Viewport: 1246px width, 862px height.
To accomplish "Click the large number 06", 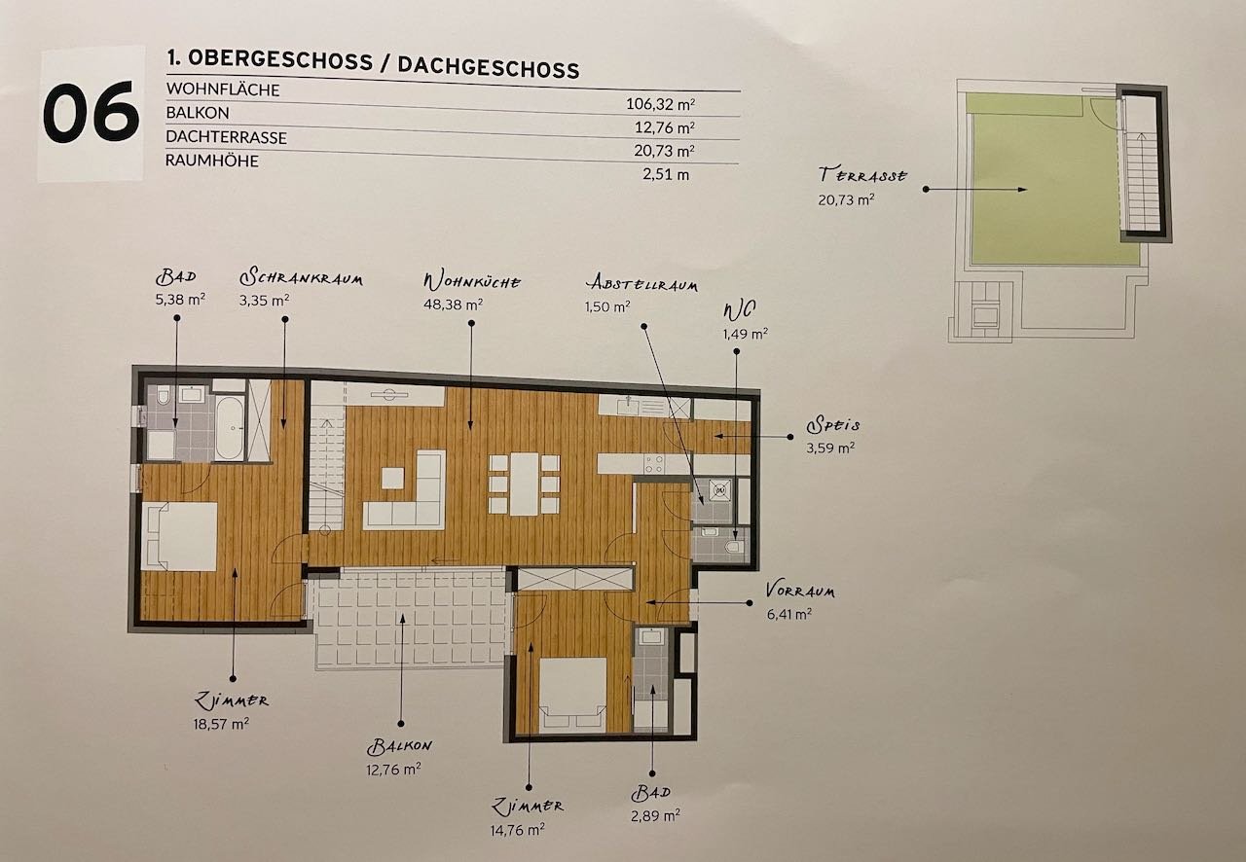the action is [91, 112].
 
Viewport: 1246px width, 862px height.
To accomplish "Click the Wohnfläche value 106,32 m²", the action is [660, 104].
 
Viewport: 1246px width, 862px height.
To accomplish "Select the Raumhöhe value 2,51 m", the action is [666, 174].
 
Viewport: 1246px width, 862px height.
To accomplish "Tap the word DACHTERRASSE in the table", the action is [227, 137].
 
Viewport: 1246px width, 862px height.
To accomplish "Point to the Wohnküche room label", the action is [472, 281].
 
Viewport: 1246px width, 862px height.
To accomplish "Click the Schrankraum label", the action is [301, 277].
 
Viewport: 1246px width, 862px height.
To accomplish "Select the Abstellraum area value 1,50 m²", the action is [607, 306].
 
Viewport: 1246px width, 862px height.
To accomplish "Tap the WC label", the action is [740, 311].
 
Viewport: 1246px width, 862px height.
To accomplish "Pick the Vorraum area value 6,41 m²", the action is [788, 614].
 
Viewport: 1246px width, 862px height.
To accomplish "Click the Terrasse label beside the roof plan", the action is [862, 175].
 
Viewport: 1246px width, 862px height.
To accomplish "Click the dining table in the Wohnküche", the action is [525, 484].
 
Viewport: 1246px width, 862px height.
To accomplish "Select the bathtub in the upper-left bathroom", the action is [229, 428].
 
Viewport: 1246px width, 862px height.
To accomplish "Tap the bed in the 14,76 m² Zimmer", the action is [573, 696].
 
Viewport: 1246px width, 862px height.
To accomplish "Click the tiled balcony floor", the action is [409, 617].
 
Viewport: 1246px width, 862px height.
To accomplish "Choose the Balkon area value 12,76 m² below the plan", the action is [393, 770].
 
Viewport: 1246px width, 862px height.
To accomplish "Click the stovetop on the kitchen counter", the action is [653, 464].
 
